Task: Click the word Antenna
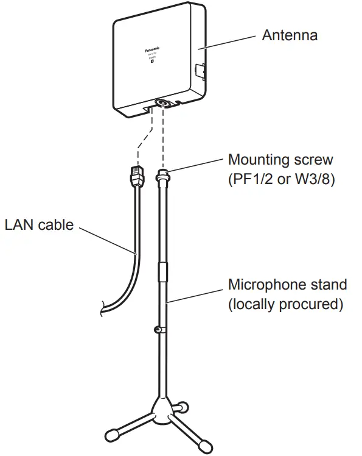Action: point(290,35)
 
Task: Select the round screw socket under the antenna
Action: point(162,103)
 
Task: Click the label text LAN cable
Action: point(39,224)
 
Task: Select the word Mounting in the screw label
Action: point(257,160)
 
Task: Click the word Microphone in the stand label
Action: point(265,284)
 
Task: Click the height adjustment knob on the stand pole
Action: point(157,330)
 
